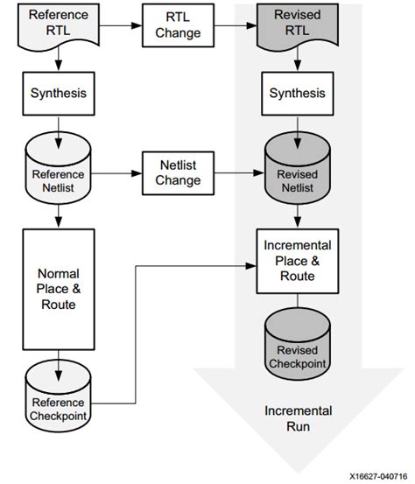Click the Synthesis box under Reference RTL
pyautogui.click(x=58, y=91)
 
